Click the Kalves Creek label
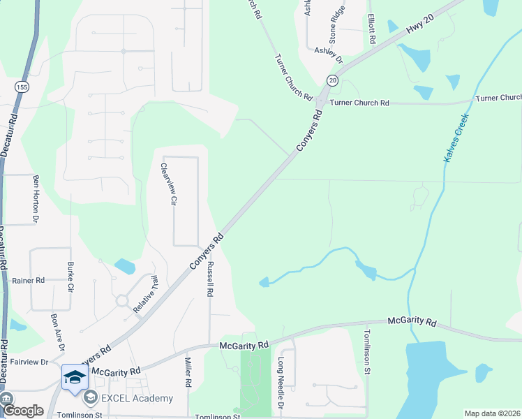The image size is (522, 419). (456, 139)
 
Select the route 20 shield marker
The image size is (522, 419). (332, 81)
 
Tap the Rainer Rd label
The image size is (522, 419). (28, 280)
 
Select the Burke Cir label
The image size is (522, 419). (70, 277)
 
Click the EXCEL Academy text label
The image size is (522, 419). (137, 398)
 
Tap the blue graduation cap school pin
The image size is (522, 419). (75, 378)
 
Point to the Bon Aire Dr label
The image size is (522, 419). (57, 333)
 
